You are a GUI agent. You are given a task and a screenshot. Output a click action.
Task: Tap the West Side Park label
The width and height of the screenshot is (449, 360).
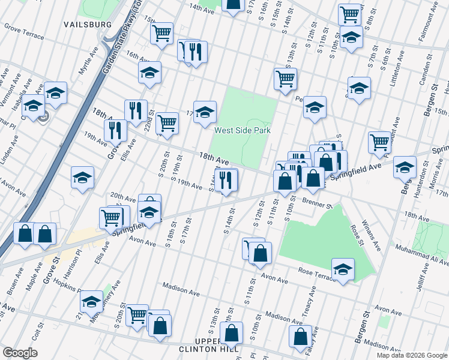coord(243,130)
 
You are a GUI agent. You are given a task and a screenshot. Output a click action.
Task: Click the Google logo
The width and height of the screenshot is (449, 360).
coord(20,352)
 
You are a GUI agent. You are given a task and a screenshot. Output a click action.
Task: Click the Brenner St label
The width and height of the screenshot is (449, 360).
coord(318,205)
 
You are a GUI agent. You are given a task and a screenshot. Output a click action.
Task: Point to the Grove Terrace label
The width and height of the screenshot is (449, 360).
coord(23,32)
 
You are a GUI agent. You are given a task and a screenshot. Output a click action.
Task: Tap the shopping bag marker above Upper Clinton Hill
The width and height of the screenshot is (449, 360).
coord(231,332)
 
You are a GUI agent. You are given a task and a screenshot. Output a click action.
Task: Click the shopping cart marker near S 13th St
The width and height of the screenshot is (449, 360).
coord(285,78)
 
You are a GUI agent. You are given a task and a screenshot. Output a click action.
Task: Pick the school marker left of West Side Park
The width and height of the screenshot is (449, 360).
coord(205,111)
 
